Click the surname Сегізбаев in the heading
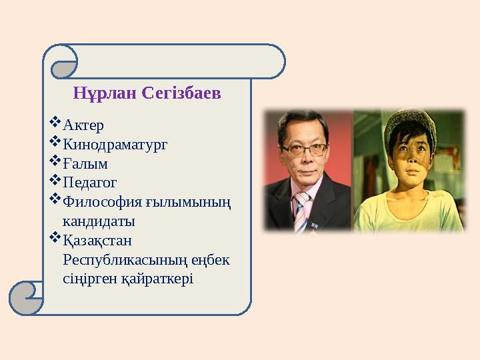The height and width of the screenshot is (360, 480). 181,93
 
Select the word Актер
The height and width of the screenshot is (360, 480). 83,125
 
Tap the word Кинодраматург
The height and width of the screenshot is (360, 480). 115,144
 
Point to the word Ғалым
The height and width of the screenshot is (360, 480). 85,163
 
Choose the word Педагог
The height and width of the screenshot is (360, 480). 90,182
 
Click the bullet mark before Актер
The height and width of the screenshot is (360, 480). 55,124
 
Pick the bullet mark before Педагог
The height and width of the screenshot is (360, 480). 55,181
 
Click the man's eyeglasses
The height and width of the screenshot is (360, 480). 303,149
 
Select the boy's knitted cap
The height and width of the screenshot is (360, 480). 409,127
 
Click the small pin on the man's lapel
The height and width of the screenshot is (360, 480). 316,225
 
